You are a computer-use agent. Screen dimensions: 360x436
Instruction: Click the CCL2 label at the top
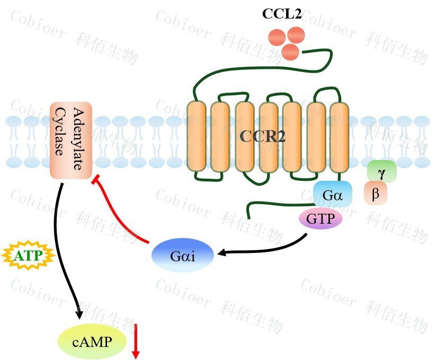tap(282, 14)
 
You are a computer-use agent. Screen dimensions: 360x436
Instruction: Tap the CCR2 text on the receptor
tap(263, 136)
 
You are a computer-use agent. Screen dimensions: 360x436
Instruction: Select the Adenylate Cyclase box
tap(72, 140)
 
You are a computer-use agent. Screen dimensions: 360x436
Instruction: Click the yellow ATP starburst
tap(26, 256)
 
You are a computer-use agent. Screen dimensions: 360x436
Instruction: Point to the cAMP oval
tap(92, 341)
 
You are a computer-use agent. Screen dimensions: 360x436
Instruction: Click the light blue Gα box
tap(333, 197)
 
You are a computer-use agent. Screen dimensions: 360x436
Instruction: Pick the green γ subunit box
tap(381, 172)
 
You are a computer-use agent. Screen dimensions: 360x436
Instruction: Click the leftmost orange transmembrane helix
tap(197, 136)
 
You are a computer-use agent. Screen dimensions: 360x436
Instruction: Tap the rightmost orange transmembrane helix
tap(339, 136)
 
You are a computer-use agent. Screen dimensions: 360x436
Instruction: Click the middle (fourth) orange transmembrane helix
tap(269, 136)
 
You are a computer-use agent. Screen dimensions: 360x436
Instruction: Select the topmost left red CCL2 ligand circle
tap(277, 37)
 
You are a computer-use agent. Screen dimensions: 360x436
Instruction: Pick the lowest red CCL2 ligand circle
tap(290, 51)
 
